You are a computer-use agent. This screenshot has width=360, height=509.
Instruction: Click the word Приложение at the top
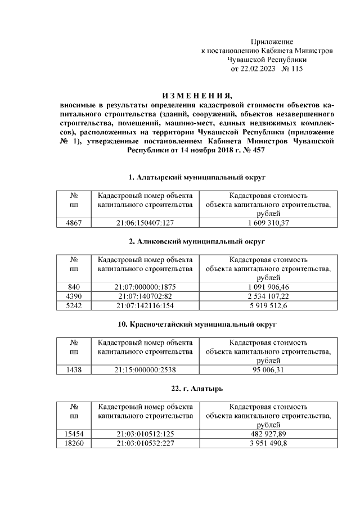(x=272, y=42)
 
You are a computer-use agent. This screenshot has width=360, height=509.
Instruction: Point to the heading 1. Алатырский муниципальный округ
(x=197, y=178)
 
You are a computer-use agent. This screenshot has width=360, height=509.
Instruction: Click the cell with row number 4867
(x=74, y=223)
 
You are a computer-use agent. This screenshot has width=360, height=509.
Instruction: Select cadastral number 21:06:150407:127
(x=145, y=223)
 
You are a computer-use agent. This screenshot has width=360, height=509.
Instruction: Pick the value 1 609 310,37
(x=268, y=223)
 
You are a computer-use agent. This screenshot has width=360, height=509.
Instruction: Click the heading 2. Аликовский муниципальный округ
(x=197, y=241)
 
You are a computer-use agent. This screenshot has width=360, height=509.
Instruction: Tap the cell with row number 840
(x=74, y=287)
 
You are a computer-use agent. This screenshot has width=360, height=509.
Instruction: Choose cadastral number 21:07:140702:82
(x=145, y=296)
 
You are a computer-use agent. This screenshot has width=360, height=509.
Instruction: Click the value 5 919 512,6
(x=268, y=305)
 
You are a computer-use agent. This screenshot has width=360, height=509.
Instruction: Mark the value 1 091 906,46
(x=268, y=287)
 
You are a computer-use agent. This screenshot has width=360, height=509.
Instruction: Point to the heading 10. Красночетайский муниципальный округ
(x=197, y=325)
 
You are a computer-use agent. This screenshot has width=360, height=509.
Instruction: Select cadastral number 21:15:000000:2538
(x=145, y=370)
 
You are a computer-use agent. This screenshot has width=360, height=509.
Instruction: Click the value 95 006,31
(x=268, y=370)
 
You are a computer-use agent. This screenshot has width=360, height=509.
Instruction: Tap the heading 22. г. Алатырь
(x=197, y=389)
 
